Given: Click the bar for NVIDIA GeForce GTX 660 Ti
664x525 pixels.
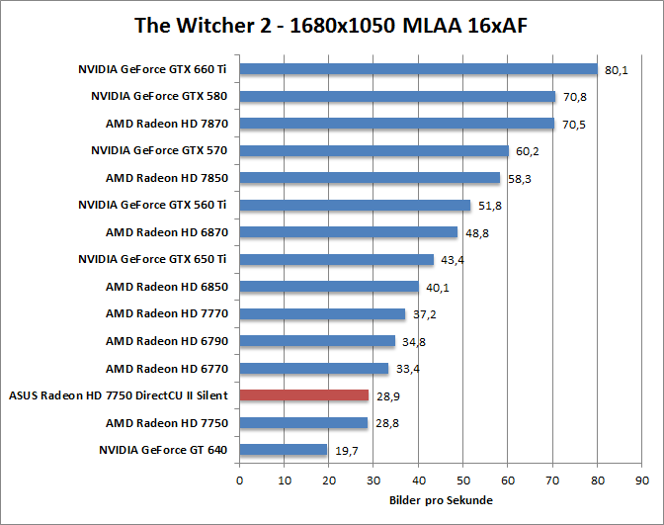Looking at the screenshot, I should (x=418, y=69).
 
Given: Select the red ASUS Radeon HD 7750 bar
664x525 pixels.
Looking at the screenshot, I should (x=303, y=395).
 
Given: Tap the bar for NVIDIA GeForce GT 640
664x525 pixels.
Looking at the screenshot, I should (x=283, y=450).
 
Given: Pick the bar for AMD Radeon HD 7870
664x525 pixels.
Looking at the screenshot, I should (x=396, y=124).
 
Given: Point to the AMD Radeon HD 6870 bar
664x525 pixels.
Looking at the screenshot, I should (x=348, y=232).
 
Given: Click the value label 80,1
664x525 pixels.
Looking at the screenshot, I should (x=617, y=70).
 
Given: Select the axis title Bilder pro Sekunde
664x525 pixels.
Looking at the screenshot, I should (x=441, y=500).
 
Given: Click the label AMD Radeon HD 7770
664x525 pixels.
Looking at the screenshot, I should (x=167, y=314).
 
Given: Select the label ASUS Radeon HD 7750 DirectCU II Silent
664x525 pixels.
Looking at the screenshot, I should (x=119, y=395).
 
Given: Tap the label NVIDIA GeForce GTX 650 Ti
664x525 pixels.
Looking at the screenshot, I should (x=153, y=260).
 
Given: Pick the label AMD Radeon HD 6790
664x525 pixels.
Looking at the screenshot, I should (x=167, y=341).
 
